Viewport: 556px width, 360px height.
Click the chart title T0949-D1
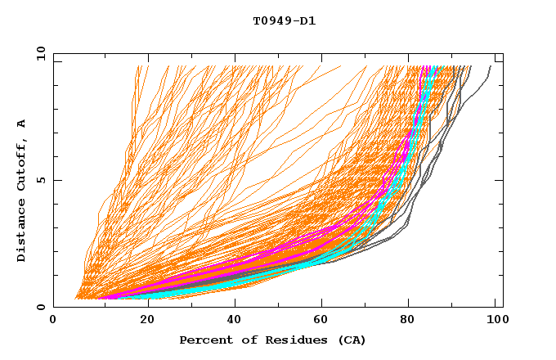(x=284, y=21)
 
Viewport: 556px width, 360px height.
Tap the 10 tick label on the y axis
(x=38, y=53)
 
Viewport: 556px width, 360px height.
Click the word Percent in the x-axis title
(x=204, y=340)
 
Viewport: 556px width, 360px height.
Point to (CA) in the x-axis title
(x=352, y=340)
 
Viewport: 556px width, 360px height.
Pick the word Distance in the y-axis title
(x=22, y=232)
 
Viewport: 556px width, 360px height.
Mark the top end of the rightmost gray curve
(x=491, y=66)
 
